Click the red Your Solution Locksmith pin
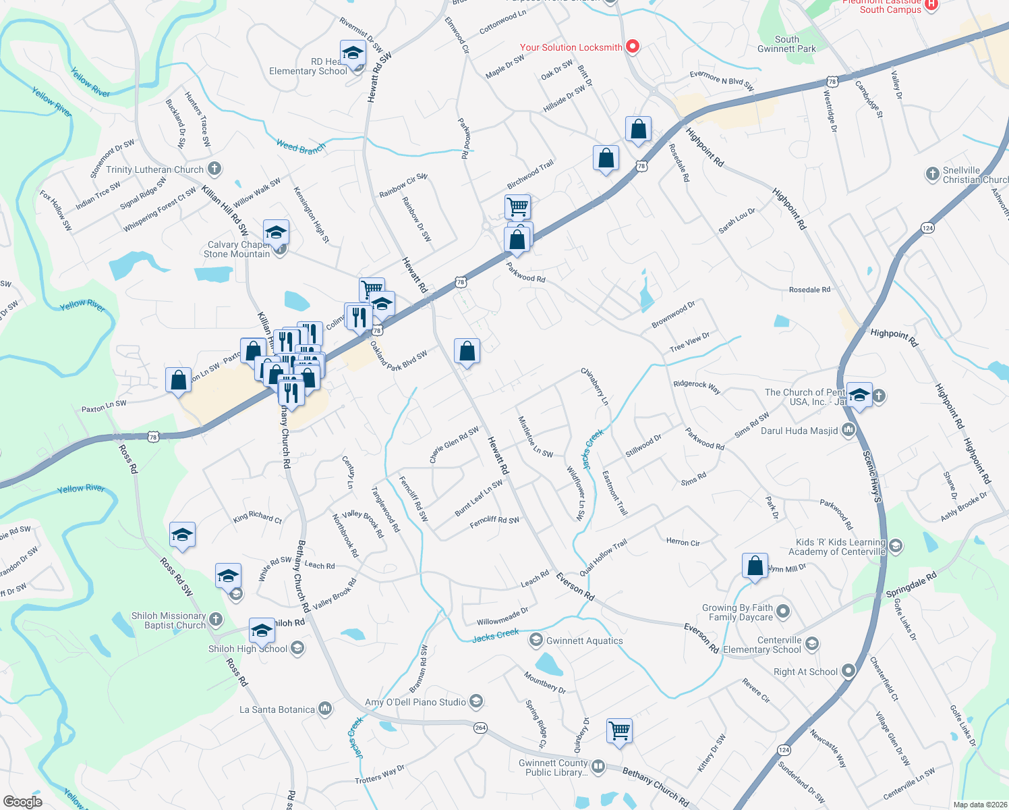click(x=633, y=47)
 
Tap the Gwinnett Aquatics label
click(x=584, y=641)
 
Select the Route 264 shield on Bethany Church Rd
click(x=480, y=728)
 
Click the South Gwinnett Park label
click(x=786, y=44)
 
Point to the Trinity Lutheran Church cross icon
click(x=214, y=169)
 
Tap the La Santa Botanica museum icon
click(x=325, y=709)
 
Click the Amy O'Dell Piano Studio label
click(x=415, y=702)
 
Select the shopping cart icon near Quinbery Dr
click(x=619, y=730)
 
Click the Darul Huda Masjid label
click(x=799, y=431)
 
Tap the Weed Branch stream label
click(x=301, y=146)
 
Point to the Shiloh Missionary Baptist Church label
click(x=169, y=620)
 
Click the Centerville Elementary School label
click(x=762, y=645)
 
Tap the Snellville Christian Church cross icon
click(x=932, y=174)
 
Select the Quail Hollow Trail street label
click(x=604, y=557)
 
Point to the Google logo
click(x=23, y=802)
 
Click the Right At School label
click(x=805, y=672)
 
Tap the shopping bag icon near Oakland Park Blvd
click(x=467, y=352)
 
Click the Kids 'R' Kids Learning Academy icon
click(x=896, y=546)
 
